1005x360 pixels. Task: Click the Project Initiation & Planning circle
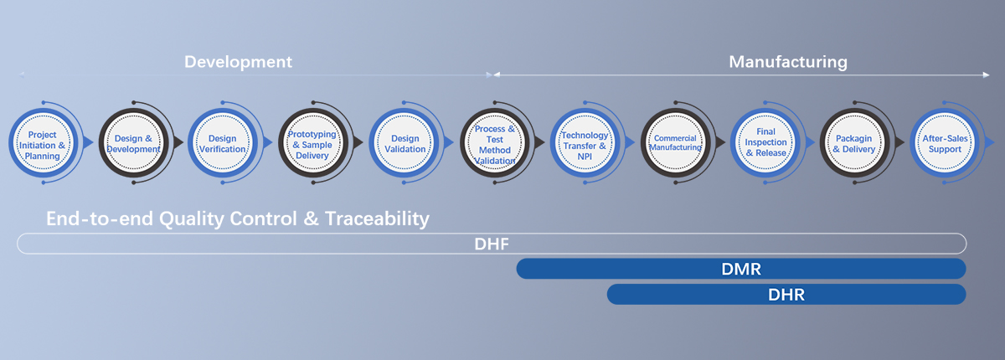(x=43, y=143)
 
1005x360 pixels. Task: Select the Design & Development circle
(x=133, y=143)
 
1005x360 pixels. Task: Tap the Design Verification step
(x=223, y=143)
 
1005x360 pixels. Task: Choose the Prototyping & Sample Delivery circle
(x=313, y=143)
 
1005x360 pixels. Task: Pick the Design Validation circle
(x=404, y=143)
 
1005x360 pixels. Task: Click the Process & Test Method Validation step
(x=495, y=143)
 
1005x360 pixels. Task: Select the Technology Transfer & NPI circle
(x=585, y=143)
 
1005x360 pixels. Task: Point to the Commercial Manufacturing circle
(x=675, y=143)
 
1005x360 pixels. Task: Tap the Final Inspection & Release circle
(x=765, y=143)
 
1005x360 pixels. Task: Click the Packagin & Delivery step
(x=855, y=143)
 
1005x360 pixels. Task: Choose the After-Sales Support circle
(x=945, y=143)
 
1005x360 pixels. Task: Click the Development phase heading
(x=238, y=62)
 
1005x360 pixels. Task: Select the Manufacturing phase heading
(x=788, y=62)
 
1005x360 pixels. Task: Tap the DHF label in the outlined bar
(x=492, y=244)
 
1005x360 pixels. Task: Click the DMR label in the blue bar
(x=741, y=269)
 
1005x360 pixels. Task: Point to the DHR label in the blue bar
(x=786, y=295)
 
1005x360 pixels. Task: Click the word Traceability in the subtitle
(x=378, y=219)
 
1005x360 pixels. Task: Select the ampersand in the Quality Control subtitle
(x=311, y=219)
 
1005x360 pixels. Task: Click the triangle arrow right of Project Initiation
(x=89, y=142)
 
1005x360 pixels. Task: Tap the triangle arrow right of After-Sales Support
(x=990, y=142)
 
